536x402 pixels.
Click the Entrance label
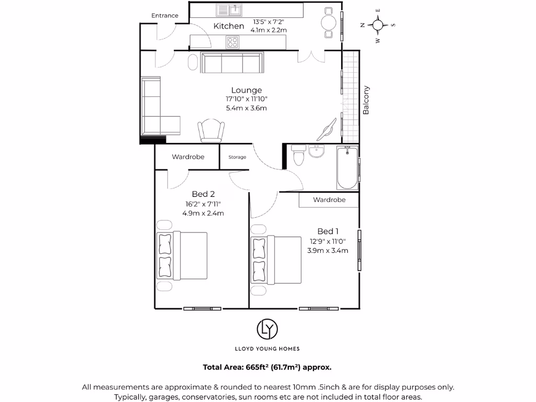(x=165, y=16)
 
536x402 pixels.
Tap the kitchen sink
(x=229, y=10)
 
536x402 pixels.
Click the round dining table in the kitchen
(x=328, y=23)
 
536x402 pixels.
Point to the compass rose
(x=378, y=25)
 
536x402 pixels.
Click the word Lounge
(x=247, y=90)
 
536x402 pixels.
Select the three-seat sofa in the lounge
(x=232, y=63)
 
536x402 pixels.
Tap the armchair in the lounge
(x=211, y=130)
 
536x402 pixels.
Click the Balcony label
(x=366, y=100)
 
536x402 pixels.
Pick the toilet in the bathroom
(x=299, y=155)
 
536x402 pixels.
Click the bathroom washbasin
(x=317, y=152)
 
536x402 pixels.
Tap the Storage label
(x=237, y=157)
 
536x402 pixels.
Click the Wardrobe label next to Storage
(x=188, y=157)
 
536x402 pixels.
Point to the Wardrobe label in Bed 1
(x=329, y=199)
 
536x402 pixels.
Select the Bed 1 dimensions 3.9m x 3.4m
(x=328, y=250)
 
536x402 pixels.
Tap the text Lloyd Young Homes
(x=267, y=349)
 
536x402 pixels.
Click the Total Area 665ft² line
(x=267, y=367)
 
